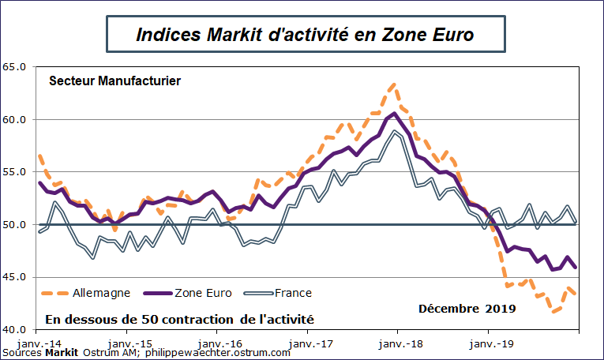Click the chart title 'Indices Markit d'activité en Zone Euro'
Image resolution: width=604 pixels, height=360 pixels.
pyautogui.click(x=305, y=36)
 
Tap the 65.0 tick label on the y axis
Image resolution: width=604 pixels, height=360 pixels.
pyautogui.click(x=15, y=67)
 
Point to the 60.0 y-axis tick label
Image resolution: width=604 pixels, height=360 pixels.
pyautogui.click(x=15, y=120)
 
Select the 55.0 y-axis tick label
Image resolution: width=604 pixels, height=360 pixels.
pyautogui.click(x=15, y=172)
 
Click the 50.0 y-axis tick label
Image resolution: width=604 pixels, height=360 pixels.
pyautogui.click(x=15, y=225)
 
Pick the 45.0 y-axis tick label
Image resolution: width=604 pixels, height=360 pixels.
pyautogui.click(x=15, y=277)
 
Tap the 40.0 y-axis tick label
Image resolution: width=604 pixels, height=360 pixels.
pyautogui.click(x=15, y=329)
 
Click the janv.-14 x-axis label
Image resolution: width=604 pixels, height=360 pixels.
pyautogui.click(x=40, y=344)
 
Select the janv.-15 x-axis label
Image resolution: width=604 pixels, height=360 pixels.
pyautogui.click(x=130, y=344)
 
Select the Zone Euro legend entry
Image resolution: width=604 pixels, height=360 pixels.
pyautogui.click(x=201, y=293)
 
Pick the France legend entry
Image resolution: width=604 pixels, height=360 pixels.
pyautogui.click(x=293, y=293)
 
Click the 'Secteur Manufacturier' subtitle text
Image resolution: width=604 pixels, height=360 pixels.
pyautogui.click(x=115, y=81)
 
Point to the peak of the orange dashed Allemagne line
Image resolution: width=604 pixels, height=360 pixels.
pyautogui.click(x=393, y=84)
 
